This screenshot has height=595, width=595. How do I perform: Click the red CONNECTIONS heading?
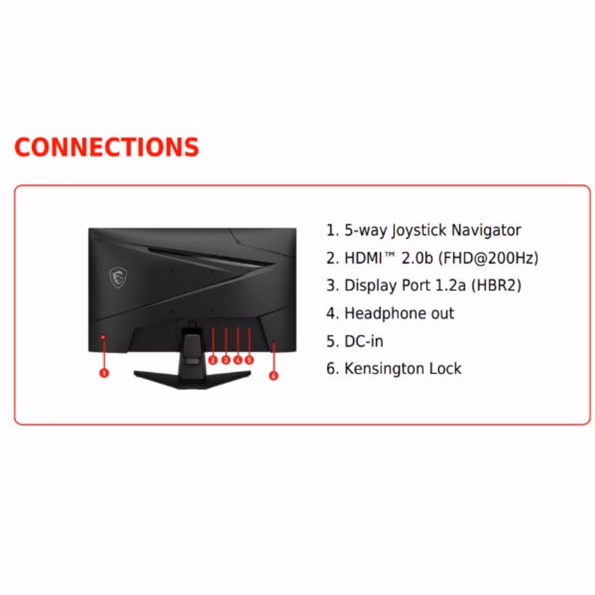click(x=106, y=147)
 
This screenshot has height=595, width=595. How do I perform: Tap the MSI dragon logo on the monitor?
click(x=118, y=277)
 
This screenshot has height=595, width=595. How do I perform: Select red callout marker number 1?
click(x=104, y=373)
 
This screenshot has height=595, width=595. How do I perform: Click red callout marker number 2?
click(x=213, y=360)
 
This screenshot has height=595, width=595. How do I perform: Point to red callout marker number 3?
click(x=225, y=360)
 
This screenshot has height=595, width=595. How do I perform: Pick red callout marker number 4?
click(x=238, y=360)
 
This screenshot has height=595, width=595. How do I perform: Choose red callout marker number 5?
click(x=249, y=360)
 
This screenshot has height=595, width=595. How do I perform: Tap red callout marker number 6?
click(x=274, y=375)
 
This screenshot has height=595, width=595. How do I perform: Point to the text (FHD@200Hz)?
click(x=489, y=258)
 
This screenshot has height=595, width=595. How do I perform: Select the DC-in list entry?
click(x=364, y=341)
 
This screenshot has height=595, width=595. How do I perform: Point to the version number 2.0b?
click(x=417, y=258)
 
